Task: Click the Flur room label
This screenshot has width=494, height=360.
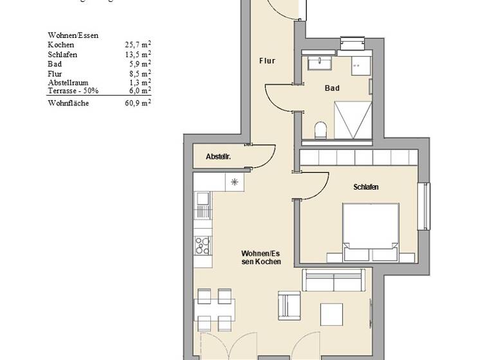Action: [x=267, y=61]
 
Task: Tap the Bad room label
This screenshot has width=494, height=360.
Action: [x=332, y=88]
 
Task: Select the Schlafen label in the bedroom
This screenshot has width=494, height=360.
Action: [x=365, y=187]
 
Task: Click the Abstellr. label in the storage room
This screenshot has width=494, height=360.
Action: [x=218, y=157]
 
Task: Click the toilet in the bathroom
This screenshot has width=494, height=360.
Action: [x=320, y=131]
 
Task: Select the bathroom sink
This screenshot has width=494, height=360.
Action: [x=318, y=63]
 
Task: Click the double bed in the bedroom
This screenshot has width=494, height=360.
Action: [x=370, y=232]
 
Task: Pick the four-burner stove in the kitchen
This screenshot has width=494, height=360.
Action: [x=203, y=244]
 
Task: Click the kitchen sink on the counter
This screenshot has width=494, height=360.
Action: [x=203, y=208]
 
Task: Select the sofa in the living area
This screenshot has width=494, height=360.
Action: [x=337, y=281]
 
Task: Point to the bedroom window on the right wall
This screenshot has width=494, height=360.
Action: [x=424, y=206]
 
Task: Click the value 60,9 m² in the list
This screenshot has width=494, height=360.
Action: [x=138, y=103]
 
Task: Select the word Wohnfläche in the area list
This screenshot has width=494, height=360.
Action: [x=68, y=103]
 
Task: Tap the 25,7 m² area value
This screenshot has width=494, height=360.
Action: [x=138, y=45]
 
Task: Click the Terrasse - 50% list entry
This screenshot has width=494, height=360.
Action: [x=72, y=91]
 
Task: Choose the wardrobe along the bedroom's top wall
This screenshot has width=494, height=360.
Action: [x=356, y=158]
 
